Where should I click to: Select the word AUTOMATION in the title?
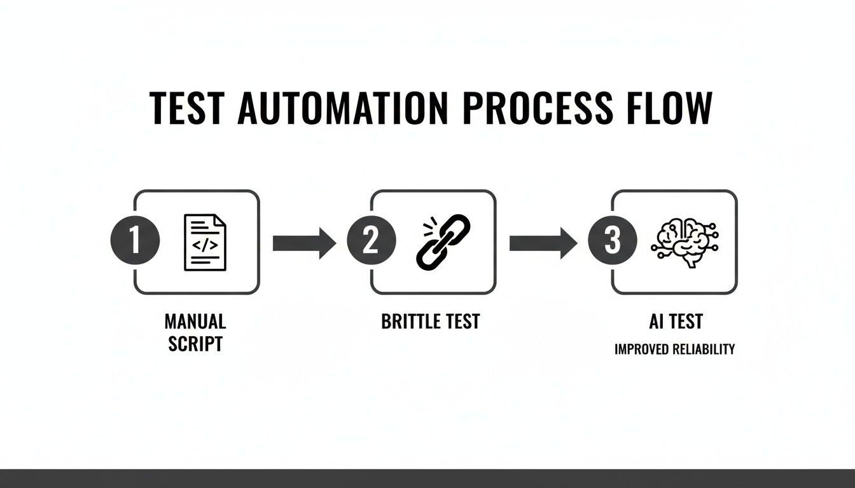pos(342,109)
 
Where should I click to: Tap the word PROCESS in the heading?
pos(538,109)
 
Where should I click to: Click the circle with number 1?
pos(135,242)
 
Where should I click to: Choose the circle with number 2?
pos(371,242)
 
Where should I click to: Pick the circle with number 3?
pos(612,242)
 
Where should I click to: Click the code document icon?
pos(205,242)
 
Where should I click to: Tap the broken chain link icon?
pos(443,241)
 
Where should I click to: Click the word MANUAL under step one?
pos(195,322)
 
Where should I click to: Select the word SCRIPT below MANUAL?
pos(195,344)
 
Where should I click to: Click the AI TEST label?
pos(675,322)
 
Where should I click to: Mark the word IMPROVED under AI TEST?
pos(643,349)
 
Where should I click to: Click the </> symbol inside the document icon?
pos(205,243)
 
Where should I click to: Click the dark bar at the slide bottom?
pos(427,478)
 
